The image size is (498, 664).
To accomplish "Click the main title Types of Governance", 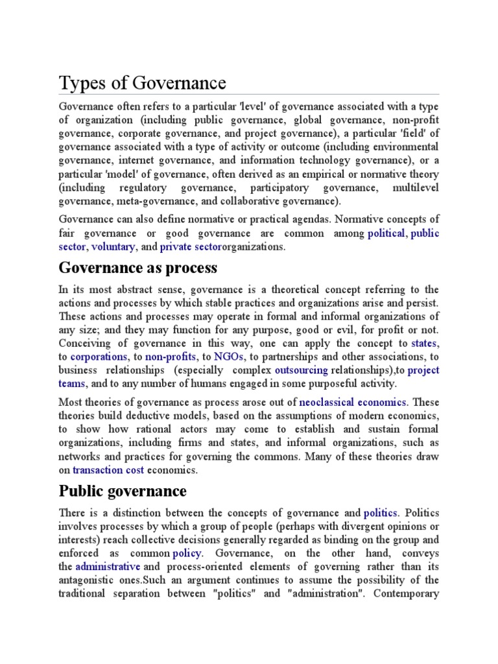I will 143,83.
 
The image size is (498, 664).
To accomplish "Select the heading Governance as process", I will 137,268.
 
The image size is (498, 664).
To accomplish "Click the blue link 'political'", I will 386,233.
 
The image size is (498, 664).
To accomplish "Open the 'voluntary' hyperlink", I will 113,246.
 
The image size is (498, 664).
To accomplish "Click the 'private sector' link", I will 191,246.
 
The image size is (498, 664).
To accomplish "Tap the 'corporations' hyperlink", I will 99,357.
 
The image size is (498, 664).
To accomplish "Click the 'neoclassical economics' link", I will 353,402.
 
